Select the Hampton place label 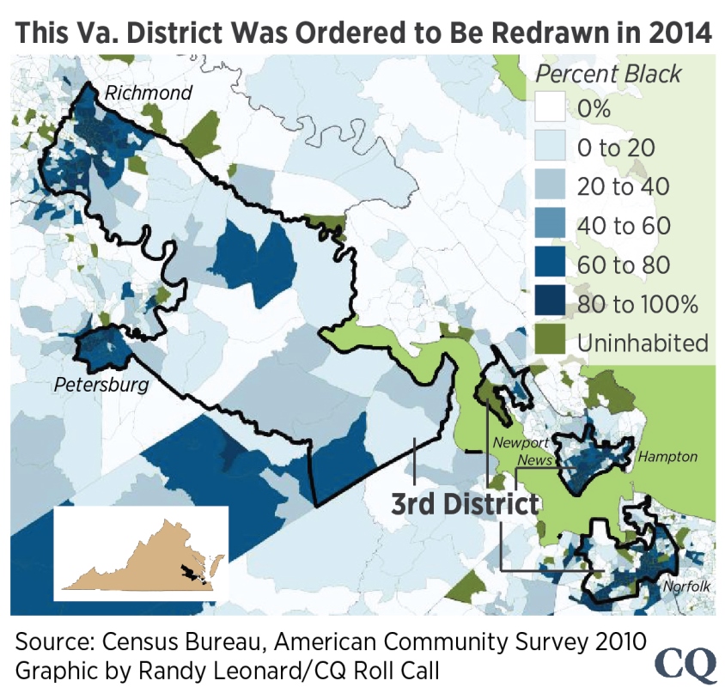point(667,457)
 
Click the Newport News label point(521,451)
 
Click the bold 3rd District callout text point(465,504)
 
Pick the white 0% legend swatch point(550,109)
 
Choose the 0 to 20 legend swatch point(550,148)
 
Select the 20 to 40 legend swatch point(550,187)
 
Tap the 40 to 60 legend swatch point(550,226)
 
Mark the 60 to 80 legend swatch point(550,264)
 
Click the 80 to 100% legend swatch point(550,303)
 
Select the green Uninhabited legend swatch point(550,342)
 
